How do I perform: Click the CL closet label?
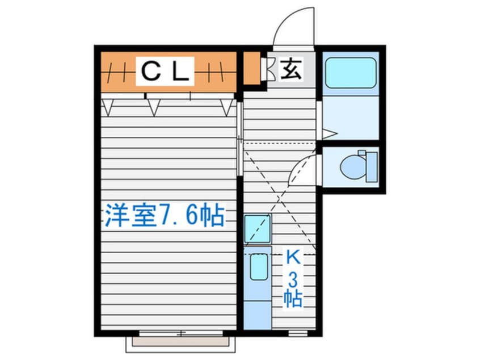click(x=165, y=71)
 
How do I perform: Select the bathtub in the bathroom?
click(x=351, y=73)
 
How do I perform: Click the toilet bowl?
click(x=352, y=167)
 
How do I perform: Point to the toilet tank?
click(x=372, y=167)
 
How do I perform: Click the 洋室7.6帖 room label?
click(x=165, y=215)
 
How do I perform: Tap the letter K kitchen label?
click(x=293, y=257)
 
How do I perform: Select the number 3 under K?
click(x=293, y=280)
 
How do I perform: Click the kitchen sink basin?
click(x=258, y=267)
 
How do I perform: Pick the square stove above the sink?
click(x=258, y=229)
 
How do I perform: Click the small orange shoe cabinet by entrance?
click(x=252, y=68)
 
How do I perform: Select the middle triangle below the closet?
click(x=154, y=108)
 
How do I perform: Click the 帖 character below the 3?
click(x=293, y=299)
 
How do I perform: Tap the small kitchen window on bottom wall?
click(x=297, y=333)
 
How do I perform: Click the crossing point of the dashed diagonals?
click(x=280, y=198)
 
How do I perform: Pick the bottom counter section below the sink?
click(x=258, y=315)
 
